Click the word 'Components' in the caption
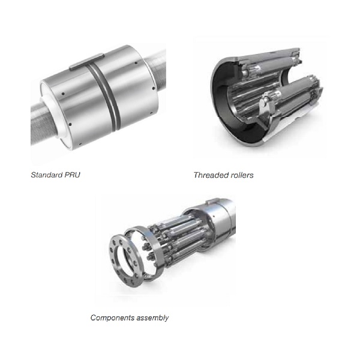click(112, 317)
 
